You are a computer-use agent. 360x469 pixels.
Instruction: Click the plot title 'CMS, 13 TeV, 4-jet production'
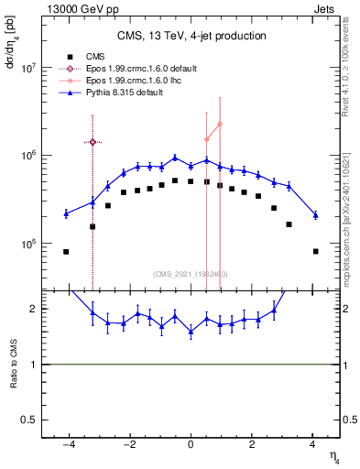pyautogui.click(x=191, y=36)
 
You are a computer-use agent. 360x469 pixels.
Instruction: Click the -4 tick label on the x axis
pyautogui.click(x=68, y=444)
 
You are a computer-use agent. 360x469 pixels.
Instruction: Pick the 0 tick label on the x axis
pyautogui.click(x=191, y=444)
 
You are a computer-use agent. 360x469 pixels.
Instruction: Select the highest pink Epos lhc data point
pyautogui.click(x=220, y=124)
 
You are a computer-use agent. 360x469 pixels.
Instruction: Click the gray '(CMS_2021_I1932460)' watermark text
pyautogui.click(x=191, y=273)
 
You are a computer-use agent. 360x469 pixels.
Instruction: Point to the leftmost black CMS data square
pyautogui.click(x=66, y=251)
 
